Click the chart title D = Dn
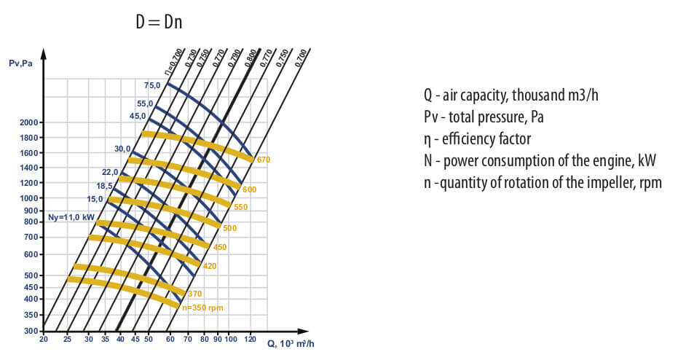[x=158, y=22]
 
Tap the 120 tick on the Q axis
[x=251, y=340]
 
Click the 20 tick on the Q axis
[x=44, y=340]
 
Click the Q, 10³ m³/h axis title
[x=289, y=343]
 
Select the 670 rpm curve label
[x=264, y=159]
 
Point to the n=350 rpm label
[x=202, y=308]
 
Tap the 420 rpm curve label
[x=210, y=266]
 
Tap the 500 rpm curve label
[x=230, y=228]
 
